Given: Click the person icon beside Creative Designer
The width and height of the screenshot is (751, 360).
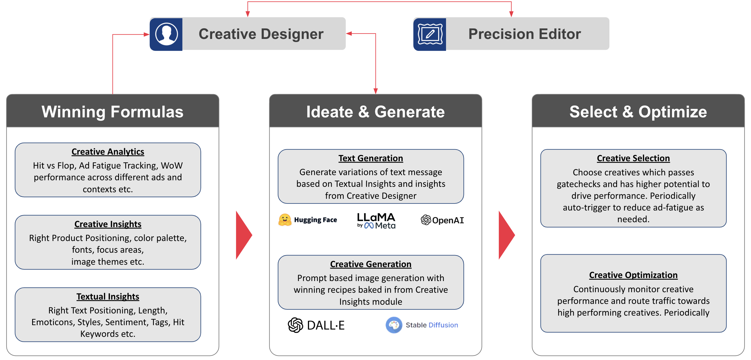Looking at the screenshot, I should click(166, 34).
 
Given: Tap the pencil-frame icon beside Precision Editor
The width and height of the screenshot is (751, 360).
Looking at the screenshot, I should click(430, 34).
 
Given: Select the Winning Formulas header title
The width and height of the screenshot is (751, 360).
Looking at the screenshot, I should click(112, 112).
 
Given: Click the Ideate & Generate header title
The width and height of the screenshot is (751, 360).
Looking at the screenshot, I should click(375, 112).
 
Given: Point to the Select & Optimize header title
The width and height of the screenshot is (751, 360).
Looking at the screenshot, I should click(638, 112).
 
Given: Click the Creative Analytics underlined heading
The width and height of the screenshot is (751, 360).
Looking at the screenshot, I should click(108, 152).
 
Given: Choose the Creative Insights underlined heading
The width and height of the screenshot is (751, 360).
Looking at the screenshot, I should click(108, 224).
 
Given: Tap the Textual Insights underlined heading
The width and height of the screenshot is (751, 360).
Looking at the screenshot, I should click(108, 296).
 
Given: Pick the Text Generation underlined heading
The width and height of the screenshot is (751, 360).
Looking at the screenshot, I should click(371, 158).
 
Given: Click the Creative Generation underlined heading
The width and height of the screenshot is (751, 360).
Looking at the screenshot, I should click(371, 264).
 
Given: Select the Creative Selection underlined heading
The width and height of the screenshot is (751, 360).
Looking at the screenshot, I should click(633, 158).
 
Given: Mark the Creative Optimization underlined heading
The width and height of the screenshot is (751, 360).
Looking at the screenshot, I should click(633, 275).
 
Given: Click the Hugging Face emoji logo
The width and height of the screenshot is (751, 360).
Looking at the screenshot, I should click(285, 220).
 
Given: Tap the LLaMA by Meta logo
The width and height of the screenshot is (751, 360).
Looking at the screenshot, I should click(376, 220).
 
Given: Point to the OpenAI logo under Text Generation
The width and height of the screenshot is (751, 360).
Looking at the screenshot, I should click(442, 220).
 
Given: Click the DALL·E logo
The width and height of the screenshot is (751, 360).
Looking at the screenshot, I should click(316, 325).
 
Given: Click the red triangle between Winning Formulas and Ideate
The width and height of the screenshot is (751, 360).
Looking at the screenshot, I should click(243, 235).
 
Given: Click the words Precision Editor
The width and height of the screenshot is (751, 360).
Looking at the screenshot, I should click(524, 34).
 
